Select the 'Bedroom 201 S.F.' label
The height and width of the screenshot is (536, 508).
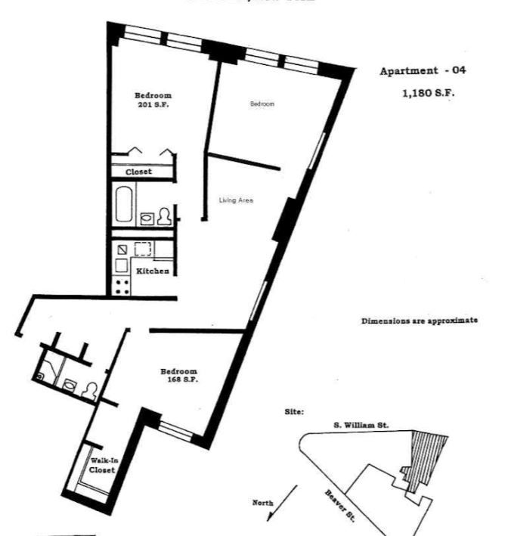153,100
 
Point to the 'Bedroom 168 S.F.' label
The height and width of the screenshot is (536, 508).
178,376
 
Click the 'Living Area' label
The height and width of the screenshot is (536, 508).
235,200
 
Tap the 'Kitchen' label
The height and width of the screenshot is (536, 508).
153,271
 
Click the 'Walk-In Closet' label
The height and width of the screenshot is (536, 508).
102,465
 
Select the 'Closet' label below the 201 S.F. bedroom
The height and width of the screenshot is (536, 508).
138,172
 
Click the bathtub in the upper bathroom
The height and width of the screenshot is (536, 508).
123,203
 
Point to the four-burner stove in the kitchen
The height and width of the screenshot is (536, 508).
122,287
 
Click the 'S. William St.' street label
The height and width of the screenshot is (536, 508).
361,426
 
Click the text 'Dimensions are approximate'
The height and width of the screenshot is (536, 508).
420,320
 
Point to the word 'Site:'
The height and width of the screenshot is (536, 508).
294,412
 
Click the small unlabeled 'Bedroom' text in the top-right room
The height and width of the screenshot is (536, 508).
262,104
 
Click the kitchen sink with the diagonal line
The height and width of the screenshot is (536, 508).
121,249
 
